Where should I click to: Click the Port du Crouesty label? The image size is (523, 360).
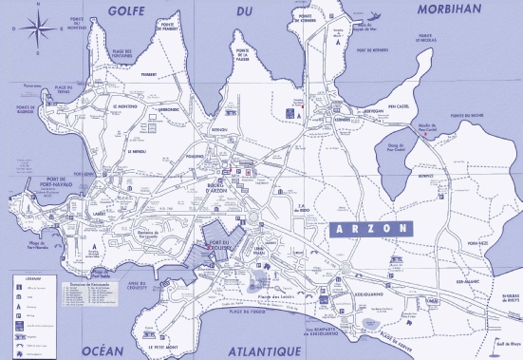(222, 252)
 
